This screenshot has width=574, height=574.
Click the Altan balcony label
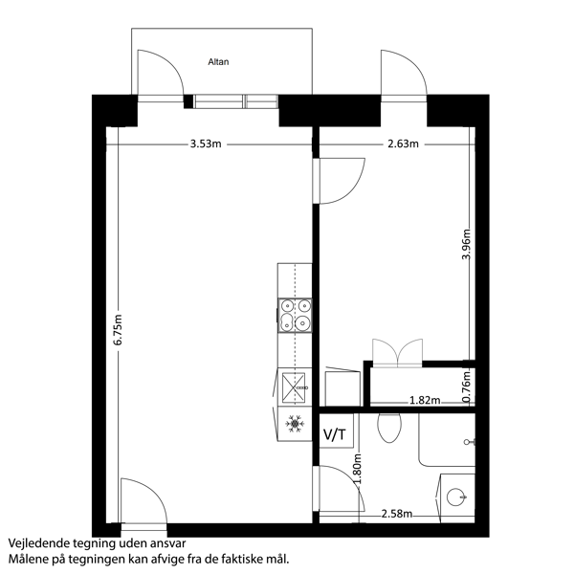coord(218,62)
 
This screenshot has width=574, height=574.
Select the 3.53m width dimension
coord(206,143)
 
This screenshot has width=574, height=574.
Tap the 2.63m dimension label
coord(403,143)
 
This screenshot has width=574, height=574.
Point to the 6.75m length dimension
coord(118,329)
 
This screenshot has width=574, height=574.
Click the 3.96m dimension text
coord(466,244)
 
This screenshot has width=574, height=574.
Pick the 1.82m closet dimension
coord(425,400)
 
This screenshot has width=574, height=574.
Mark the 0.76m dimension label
coord(466,386)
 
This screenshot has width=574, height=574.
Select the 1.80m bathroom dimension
coord(357,469)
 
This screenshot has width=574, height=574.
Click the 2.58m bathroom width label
coord(397,514)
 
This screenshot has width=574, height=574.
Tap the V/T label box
coord(337,430)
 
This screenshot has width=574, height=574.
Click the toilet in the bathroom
coord(389,428)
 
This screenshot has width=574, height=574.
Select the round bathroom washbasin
coord(456,497)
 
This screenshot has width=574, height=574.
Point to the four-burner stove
coord(295,315)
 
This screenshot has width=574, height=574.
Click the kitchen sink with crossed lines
coord(294,387)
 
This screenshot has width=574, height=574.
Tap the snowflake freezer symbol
coord(295,424)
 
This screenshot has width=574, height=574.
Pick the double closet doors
coord(398,353)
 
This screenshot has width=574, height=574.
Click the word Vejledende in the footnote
coord(39,543)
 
